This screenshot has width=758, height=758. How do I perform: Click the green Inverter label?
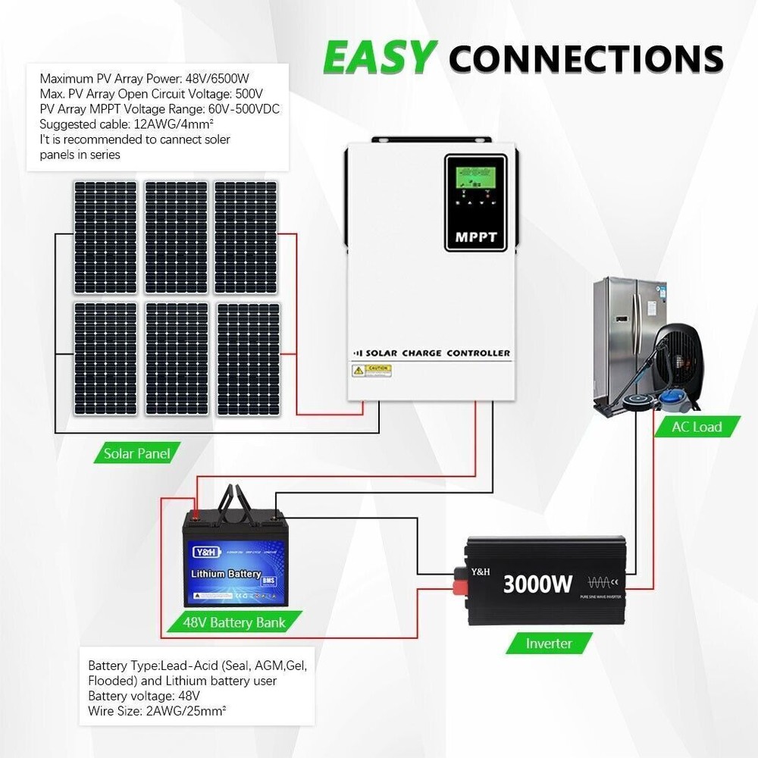click(x=549, y=644)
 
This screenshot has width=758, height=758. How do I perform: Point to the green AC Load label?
click(x=696, y=427)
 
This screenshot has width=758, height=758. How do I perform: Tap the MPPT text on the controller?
click(x=476, y=237)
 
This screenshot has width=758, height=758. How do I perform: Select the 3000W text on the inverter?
click(x=537, y=584)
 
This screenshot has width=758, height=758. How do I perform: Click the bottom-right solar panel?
click(x=248, y=359)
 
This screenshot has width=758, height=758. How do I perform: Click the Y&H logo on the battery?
click(x=204, y=553)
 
